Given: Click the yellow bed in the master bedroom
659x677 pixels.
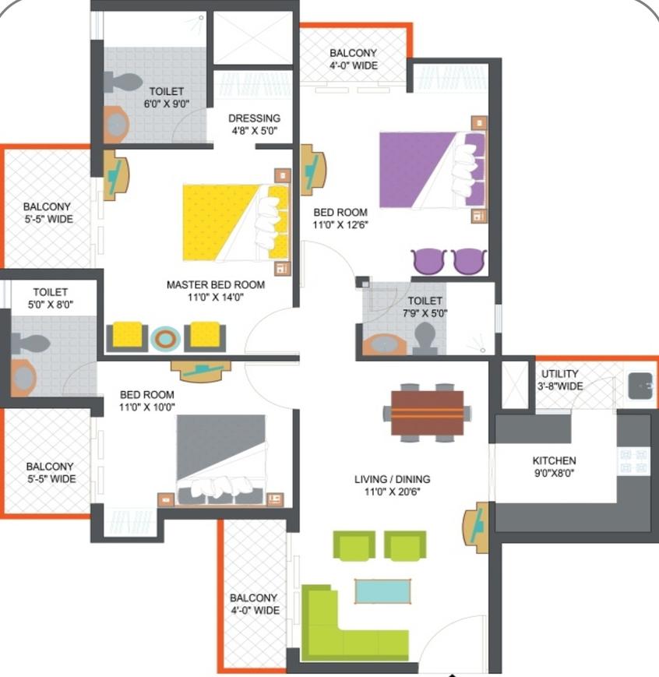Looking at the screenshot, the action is pos(236,223).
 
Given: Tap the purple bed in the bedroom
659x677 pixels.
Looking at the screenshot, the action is pos(432,170).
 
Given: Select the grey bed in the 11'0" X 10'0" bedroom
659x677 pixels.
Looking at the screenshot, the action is pos(221,460).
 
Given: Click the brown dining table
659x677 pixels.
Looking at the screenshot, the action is pos(427,413).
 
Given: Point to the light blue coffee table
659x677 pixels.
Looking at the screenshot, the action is pos(382,591).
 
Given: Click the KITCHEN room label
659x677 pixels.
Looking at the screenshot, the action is pos(554,460).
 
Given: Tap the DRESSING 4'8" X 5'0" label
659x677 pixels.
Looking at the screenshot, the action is pos(255,125).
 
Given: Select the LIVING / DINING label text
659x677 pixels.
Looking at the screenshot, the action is pos(392,479).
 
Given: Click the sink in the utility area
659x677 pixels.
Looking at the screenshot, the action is pos(640,386).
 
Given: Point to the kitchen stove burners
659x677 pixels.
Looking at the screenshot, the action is pos(634,461).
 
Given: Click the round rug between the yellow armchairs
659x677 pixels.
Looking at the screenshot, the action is pos(165,339).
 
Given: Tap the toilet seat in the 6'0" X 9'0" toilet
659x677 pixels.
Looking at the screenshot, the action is pos(123,83).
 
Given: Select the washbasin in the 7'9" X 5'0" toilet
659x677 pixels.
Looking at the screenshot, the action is pos(384,344).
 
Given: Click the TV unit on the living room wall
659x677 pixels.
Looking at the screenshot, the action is pos(475,528).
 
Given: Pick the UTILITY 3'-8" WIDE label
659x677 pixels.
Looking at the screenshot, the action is pos(560,380).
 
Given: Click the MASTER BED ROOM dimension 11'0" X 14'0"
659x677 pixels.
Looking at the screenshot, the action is pos(216,297).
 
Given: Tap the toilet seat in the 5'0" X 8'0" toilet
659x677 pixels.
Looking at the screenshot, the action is pos(30,344).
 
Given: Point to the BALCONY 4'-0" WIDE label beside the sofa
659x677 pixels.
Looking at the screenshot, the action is pos(255,604).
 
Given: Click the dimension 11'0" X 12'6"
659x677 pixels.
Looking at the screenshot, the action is pos(340,224).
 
